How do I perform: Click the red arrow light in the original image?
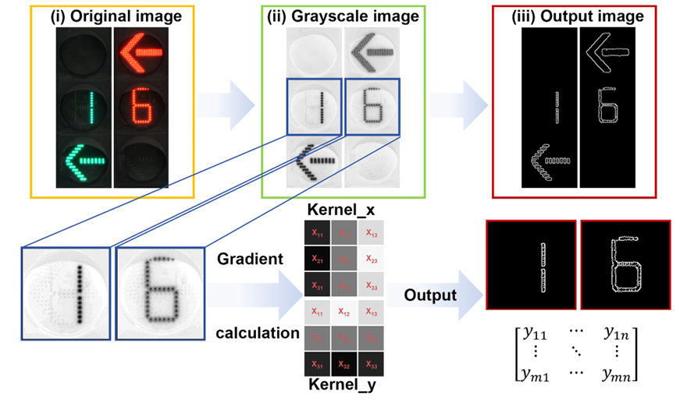point(141,53)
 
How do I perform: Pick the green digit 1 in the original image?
point(81,108)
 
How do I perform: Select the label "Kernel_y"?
point(339,385)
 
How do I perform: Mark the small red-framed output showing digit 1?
point(531,266)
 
